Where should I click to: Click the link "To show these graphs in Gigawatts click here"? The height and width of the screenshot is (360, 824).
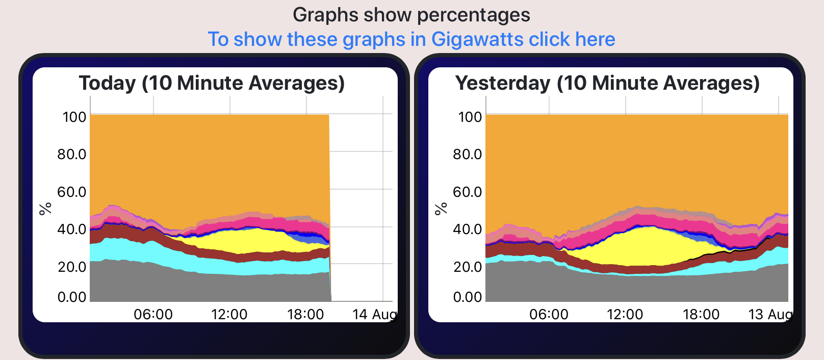tap(411, 39)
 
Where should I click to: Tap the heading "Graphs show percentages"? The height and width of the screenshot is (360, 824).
tap(411, 15)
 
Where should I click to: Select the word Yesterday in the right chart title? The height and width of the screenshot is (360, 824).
tap(503, 83)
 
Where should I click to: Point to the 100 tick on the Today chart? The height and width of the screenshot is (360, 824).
tap(74, 117)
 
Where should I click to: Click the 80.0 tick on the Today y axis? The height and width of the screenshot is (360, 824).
tap(71, 154)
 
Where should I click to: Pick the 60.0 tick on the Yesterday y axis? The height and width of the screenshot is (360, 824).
tap(467, 192)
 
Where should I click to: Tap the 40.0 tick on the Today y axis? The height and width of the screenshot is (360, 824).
tap(71, 229)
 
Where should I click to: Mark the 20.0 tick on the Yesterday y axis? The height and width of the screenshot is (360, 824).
tap(467, 266)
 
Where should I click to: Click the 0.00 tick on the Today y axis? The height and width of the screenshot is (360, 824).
tap(71, 297)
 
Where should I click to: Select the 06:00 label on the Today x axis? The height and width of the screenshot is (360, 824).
tap(153, 314)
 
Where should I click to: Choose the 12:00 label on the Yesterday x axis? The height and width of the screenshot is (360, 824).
tap(625, 314)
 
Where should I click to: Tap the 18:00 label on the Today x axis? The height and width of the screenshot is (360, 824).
tap(305, 314)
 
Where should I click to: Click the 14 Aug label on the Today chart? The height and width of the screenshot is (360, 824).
tap(374, 314)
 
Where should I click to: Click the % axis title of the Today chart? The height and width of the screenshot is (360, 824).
tap(46, 208)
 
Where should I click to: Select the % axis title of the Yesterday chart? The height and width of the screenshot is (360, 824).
tap(442, 208)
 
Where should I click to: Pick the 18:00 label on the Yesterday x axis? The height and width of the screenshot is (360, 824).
tap(701, 314)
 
